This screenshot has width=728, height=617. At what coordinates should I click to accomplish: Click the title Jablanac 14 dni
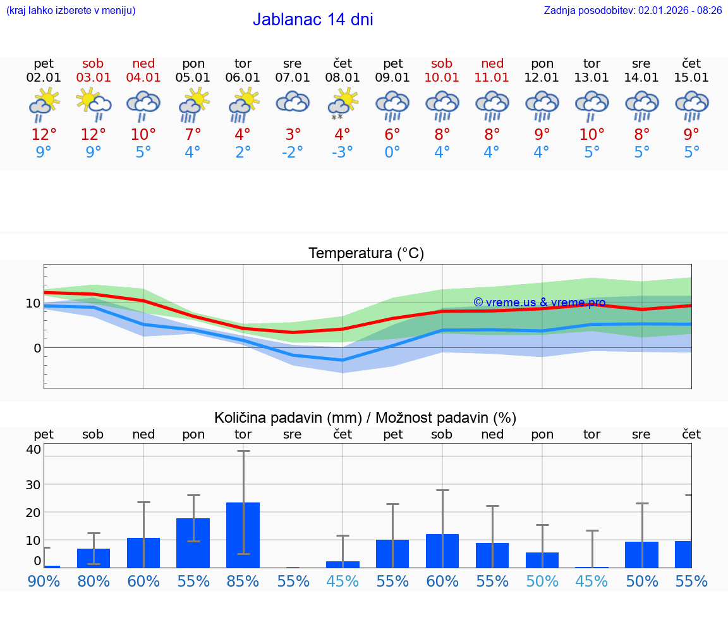[313, 20]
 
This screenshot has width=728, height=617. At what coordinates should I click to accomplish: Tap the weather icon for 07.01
[292, 103]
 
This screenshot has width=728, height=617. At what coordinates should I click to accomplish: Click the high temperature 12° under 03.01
[94, 135]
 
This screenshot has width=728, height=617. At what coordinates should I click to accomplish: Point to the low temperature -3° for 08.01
[343, 153]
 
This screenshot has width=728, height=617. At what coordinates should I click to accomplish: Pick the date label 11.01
[492, 78]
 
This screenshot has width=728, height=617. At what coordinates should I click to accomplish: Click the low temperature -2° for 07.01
[292, 153]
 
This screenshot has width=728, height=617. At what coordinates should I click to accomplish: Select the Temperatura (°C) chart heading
[366, 254]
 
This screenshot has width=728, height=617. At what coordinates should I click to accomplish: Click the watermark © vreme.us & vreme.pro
[539, 302]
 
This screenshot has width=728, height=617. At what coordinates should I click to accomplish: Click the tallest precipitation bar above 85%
[243, 535]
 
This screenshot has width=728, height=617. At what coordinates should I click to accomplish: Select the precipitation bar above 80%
[94, 558]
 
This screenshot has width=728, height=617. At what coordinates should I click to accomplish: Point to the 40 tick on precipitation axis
[33, 449]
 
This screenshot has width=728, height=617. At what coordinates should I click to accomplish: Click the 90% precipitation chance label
[44, 581]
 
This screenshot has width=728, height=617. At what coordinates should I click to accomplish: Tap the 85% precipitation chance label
[243, 581]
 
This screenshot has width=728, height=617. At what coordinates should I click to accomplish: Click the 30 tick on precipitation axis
[33, 484]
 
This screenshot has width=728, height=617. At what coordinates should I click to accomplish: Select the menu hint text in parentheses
[71, 10]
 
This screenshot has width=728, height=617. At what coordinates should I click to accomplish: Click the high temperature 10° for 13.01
[591, 135]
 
